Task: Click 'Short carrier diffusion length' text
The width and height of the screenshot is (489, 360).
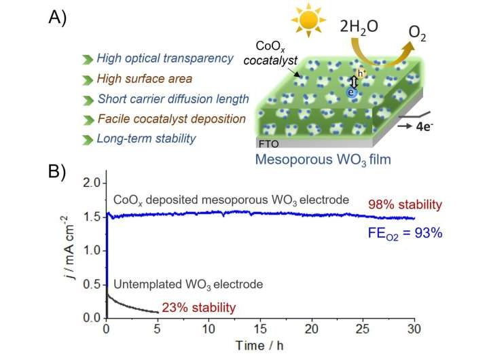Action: click(x=173, y=99)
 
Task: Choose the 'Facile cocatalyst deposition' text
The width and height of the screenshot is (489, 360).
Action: click(x=170, y=119)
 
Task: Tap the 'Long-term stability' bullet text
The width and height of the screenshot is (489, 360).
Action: click(x=147, y=139)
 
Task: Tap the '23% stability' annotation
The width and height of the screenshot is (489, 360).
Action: click(x=198, y=308)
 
